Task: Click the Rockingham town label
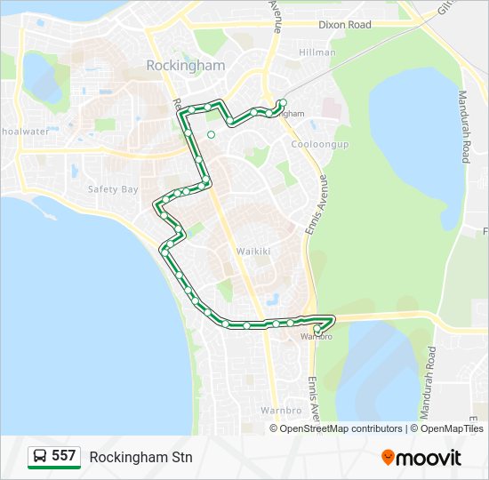(x=185, y=66)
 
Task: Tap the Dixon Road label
(x=344, y=25)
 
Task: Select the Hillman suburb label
(x=317, y=52)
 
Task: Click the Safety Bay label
(x=113, y=189)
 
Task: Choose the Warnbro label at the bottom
(x=282, y=411)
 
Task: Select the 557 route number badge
(x=63, y=456)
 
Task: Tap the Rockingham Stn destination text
(x=140, y=457)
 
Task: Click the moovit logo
(x=421, y=457)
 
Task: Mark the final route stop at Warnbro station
(x=317, y=329)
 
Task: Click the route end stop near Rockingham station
(x=282, y=103)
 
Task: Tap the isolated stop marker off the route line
(x=211, y=134)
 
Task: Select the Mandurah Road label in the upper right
(x=463, y=126)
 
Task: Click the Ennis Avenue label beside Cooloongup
(x=324, y=207)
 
